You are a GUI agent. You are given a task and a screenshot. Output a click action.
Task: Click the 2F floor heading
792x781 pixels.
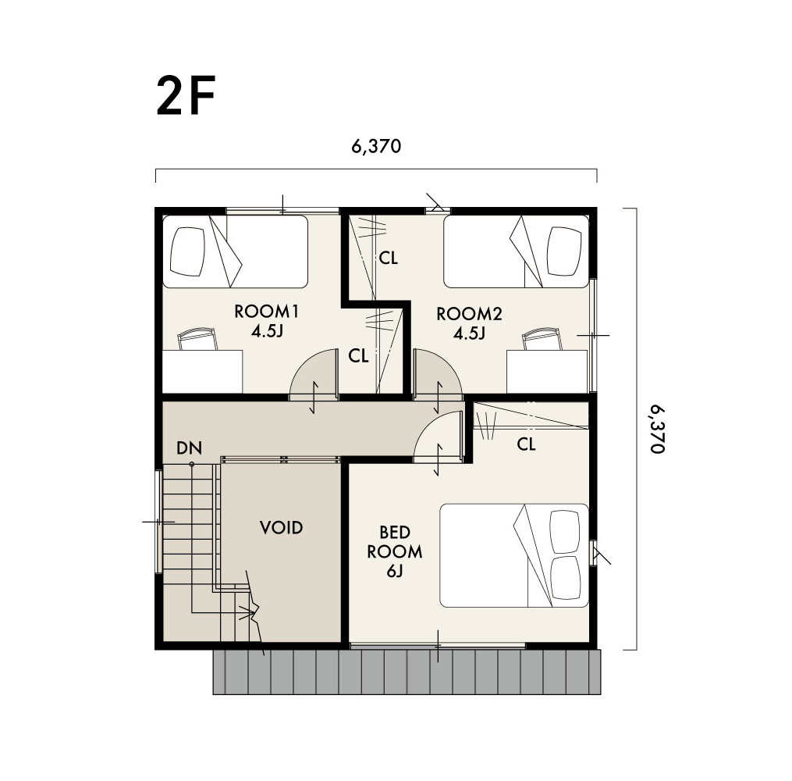tap(186, 95)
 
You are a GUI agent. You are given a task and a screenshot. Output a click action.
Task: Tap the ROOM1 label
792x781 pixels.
tap(267, 312)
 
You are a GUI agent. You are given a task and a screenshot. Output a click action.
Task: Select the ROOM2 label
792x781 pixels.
tap(469, 314)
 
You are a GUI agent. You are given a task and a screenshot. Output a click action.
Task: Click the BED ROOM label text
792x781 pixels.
tap(395, 541)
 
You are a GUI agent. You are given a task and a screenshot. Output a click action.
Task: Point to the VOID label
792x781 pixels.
tap(282, 528)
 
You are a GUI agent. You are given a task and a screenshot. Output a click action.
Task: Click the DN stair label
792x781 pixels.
tap(190, 448)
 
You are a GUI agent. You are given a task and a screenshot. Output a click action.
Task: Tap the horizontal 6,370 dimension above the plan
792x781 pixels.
tap(376, 146)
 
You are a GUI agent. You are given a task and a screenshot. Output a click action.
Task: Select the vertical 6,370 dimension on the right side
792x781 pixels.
tap(657, 429)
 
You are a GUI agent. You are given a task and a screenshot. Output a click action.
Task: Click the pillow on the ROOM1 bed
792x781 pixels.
tap(188, 251)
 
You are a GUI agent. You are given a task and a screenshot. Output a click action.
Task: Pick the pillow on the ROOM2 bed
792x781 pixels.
tap(566, 251)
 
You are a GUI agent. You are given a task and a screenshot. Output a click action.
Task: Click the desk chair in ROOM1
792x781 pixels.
tap(197, 339)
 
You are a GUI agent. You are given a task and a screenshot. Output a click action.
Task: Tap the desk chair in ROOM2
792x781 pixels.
tap(542, 339)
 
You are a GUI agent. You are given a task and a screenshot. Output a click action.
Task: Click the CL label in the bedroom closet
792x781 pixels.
tap(526, 444)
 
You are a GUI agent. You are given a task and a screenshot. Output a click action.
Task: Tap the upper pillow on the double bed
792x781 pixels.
tap(565, 532)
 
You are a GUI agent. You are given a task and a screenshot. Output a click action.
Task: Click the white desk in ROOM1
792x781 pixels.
tap(202, 372)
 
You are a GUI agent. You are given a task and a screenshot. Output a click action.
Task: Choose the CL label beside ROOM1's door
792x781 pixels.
tap(358, 356)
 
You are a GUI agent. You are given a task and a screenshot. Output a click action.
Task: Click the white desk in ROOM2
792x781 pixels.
tap(548, 372)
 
